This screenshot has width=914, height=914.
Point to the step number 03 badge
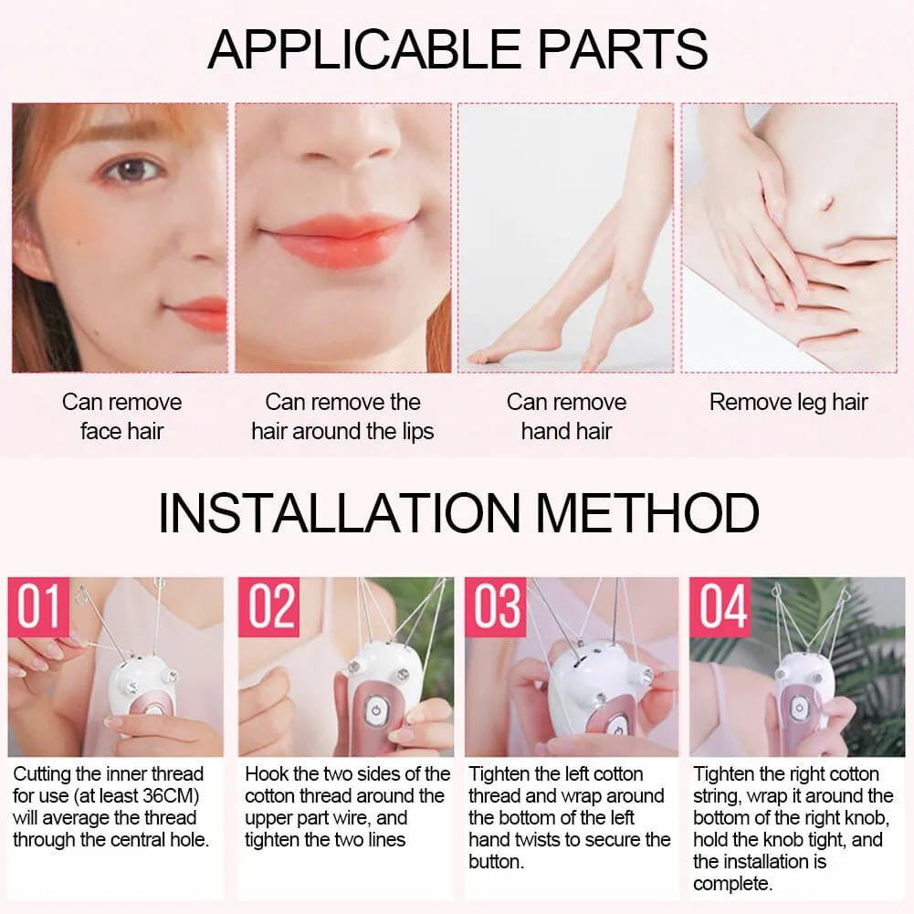[x=496, y=607]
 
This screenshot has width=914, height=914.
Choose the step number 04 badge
[x=720, y=607]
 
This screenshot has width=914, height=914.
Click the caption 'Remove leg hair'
[x=788, y=403]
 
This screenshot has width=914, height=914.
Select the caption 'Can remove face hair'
[x=121, y=416]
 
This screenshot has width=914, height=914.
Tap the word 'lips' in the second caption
[x=413, y=431]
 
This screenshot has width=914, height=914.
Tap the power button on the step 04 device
[x=797, y=708]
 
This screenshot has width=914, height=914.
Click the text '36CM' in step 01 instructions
[x=171, y=796]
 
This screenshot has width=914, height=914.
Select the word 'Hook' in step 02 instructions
[x=267, y=774]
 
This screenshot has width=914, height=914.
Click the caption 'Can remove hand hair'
[x=566, y=416]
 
